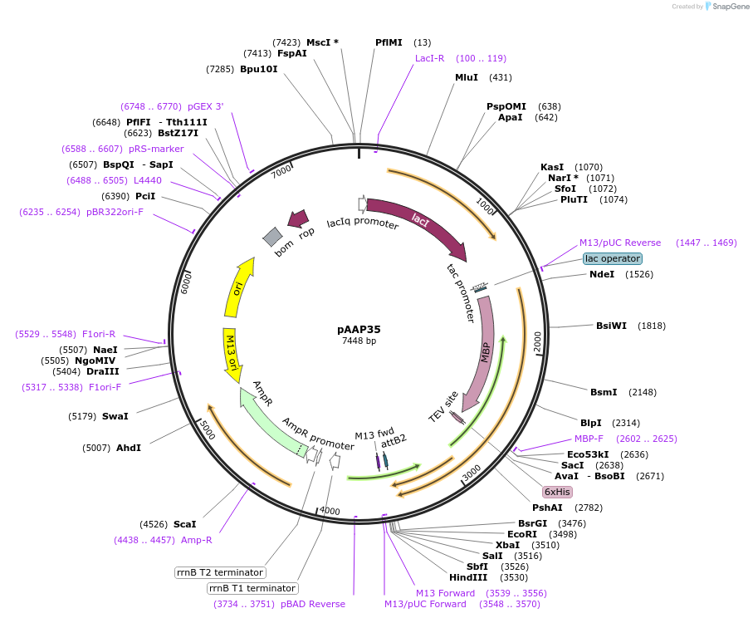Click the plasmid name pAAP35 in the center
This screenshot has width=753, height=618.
tap(359, 329)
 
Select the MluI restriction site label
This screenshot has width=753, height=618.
tap(466, 77)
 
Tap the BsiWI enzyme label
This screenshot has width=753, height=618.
tap(612, 326)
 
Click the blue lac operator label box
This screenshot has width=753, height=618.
tap(613, 258)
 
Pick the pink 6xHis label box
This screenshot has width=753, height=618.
tap(557, 492)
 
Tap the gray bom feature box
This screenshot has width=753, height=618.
tap(272, 237)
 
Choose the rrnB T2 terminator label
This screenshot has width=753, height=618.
tap(219, 572)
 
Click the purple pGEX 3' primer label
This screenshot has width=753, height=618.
tap(205, 106)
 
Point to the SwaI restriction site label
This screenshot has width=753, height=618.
tap(115, 415)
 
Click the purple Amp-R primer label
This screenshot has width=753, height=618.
tap(197, 540)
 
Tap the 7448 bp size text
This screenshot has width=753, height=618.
tap(359, 341)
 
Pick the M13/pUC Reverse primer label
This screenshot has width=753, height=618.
tap(620, 243)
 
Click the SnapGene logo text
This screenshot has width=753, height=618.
tap(727, 7)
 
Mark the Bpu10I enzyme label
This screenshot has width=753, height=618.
tap(259, 69)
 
